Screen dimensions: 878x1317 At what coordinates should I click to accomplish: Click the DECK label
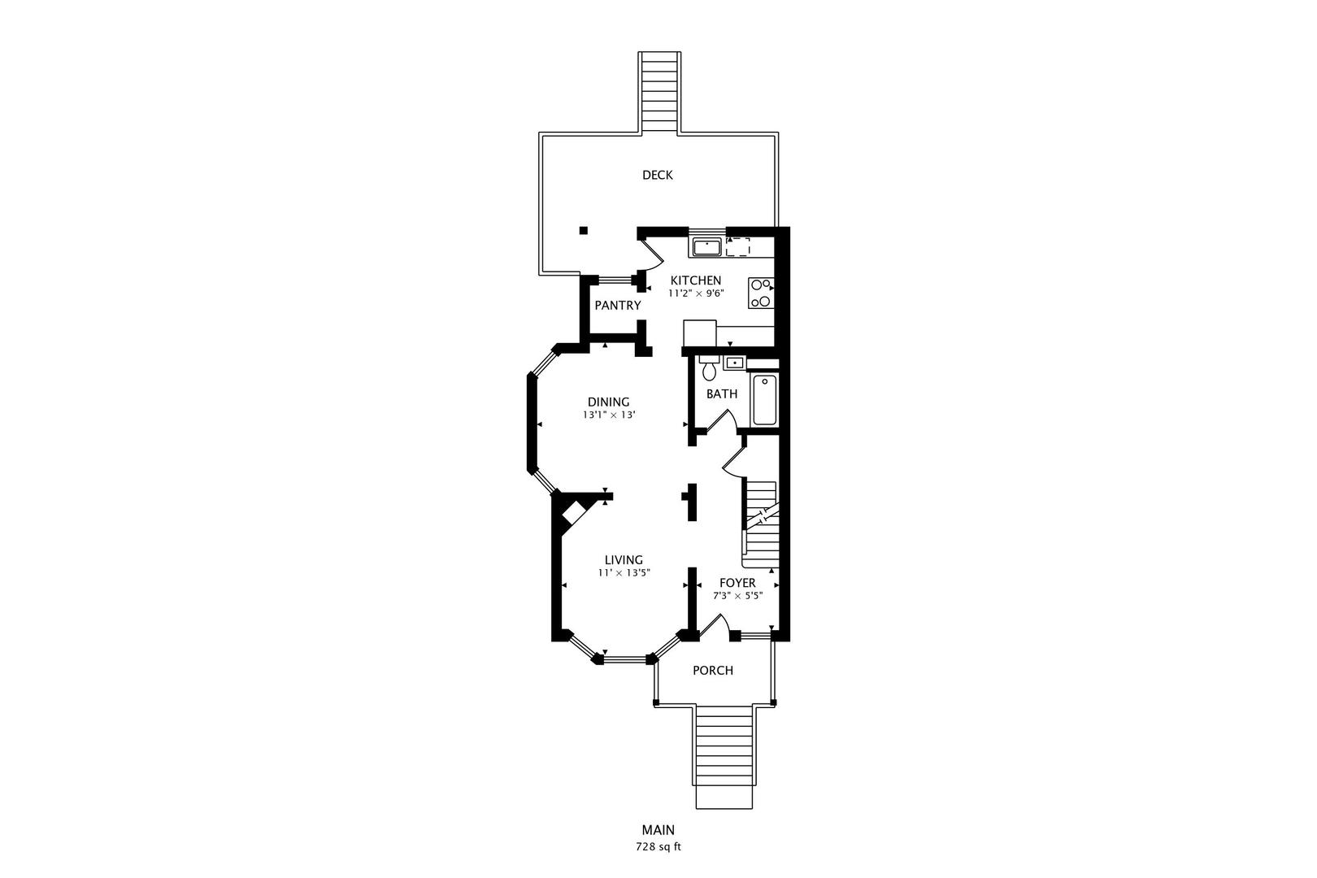coord(657,175)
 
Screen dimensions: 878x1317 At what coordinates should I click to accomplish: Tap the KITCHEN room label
coord(695,280)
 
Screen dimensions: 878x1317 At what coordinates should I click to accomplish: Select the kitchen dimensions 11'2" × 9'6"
coord(695,293)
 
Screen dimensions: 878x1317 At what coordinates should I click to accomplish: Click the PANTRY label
coord(617,306)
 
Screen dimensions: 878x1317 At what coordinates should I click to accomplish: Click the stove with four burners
coord(761,293)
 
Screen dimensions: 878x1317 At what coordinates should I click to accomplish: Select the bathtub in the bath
coord(764,400)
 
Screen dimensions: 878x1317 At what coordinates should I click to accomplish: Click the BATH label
coord(721,394)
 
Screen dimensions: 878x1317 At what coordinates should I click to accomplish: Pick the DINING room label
coord(608,402)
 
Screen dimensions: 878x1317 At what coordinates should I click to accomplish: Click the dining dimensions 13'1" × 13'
coord(608,415)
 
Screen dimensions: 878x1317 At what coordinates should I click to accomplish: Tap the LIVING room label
coord(624,559)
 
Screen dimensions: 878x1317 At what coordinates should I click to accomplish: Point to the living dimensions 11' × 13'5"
coord(624,572)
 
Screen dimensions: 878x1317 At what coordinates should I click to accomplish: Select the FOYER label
coord(737,583)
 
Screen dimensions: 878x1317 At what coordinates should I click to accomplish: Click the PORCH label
coord(712,671)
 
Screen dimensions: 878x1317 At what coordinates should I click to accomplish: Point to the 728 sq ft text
coord(658,846)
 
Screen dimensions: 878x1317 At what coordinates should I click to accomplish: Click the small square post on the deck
coord(583,230)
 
